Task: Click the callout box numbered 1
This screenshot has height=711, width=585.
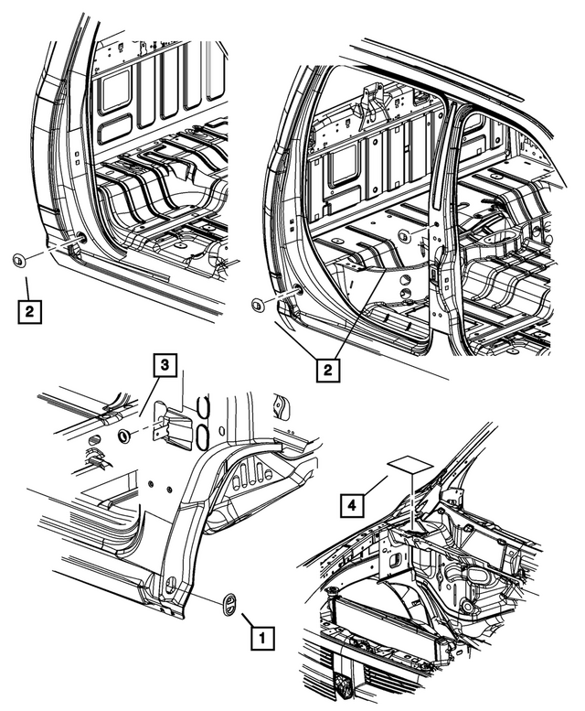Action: click(260, 633)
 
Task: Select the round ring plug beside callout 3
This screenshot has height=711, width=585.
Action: click(123, 434)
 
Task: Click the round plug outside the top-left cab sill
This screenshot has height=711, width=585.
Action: click(17, 263)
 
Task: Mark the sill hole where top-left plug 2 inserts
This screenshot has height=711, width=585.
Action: click(81, 238)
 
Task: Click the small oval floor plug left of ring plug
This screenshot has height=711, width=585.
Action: click(92, 442)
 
